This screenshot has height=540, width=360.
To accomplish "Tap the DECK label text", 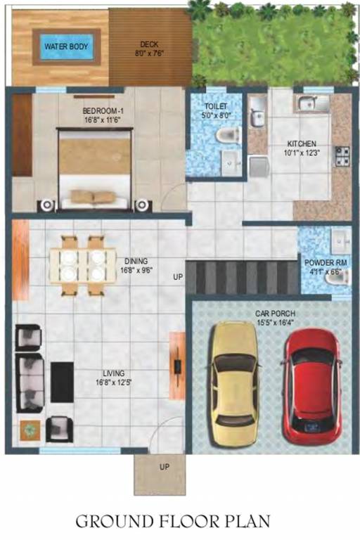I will (149, 44).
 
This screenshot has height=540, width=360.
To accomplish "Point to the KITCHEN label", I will (300, 143).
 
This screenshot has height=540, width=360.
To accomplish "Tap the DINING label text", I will (136, 259).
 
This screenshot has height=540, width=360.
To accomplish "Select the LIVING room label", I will (113, 373).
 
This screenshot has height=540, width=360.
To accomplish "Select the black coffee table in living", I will (62, 382).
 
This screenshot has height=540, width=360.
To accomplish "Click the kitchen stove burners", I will (342, 156).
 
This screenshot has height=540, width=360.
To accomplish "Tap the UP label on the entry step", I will (163, 467).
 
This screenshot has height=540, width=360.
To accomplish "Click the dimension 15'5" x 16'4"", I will (276, 323).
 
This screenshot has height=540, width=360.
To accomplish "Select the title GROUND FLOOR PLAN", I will (172, 521).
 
